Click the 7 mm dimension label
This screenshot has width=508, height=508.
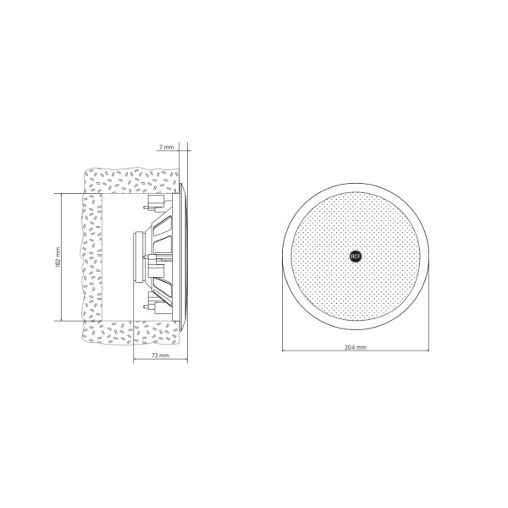tap(166, 147)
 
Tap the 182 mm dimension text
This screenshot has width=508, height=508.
tap(58, 257)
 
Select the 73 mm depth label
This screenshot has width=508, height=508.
tap(161, 356)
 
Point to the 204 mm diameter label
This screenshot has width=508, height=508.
tap(356, 347)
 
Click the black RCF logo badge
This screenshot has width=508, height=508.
tap(356, 257)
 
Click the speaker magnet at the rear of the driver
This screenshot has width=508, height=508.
tap(140, 256)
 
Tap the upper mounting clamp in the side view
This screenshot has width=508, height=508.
tap(157, 203)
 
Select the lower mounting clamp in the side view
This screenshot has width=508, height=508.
tap(157, 303)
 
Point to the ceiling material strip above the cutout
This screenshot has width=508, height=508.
tap(131, 181)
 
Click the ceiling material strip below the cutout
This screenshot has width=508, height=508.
tap(130, 333)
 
